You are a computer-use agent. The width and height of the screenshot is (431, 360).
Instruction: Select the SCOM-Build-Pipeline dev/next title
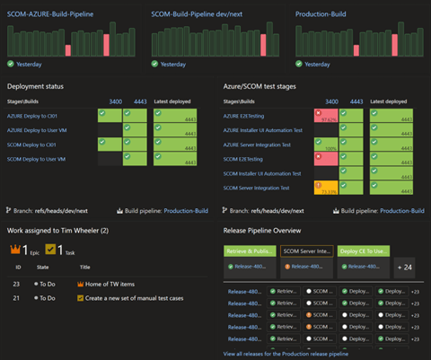[x=197, y=13]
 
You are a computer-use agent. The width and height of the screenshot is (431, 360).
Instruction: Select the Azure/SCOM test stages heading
[x=265, y=86]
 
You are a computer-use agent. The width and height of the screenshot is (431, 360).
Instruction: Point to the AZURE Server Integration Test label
[x=263, y=144]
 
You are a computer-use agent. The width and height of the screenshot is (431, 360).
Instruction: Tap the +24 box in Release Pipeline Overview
[x=405, y=267]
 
